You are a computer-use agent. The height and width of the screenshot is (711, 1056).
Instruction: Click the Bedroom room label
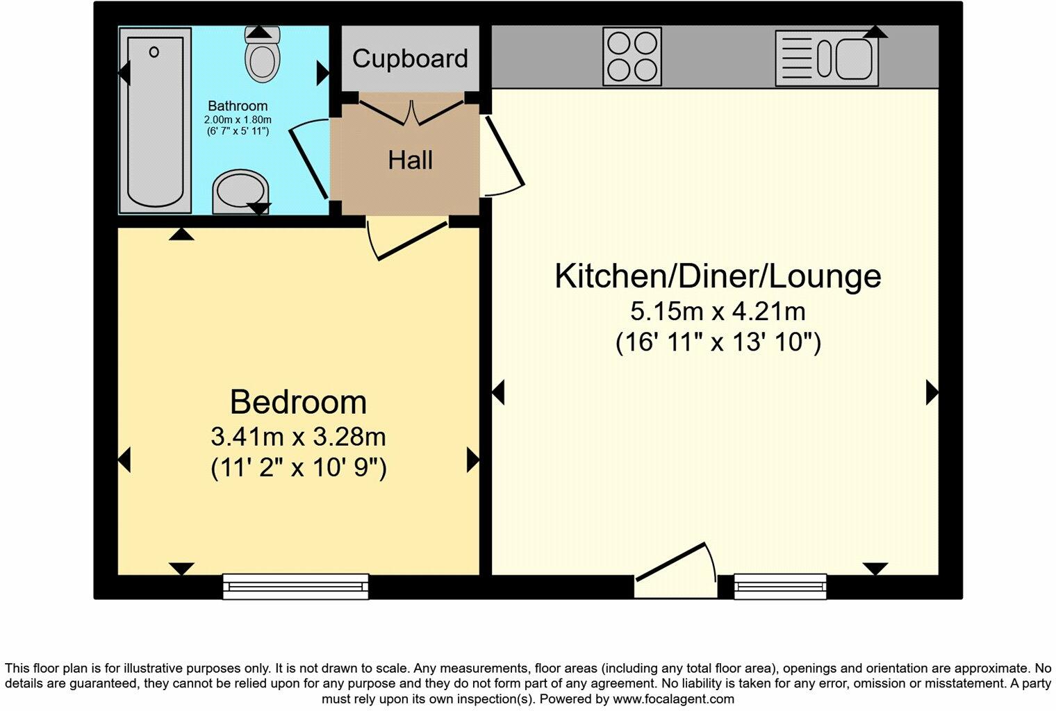coord(298,402)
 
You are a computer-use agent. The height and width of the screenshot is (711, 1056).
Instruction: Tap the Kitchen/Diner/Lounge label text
coord(718,276)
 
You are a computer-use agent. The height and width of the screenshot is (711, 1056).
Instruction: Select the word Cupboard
coord(410,58)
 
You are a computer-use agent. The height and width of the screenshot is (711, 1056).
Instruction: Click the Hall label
coord(410,160)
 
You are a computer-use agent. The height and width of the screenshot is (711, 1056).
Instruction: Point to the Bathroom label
coord(238,106)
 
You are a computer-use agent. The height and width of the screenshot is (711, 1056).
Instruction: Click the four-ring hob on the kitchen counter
coord(632,56)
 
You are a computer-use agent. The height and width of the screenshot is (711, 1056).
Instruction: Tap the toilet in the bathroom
coord(262,54)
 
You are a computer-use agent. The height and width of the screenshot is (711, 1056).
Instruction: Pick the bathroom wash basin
coord(240,192)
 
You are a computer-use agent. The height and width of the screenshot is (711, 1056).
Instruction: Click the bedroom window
coord(295,587)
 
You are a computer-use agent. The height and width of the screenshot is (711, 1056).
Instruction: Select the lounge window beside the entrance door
coord(781,587)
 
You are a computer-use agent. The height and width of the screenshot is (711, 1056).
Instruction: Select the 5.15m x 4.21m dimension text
coord(718,311)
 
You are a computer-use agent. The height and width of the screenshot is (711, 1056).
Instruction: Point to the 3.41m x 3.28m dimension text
coord(298,437)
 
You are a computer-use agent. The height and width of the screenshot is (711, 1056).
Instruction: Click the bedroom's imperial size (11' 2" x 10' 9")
coord(298,468)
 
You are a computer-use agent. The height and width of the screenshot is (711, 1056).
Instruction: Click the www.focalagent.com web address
coord(673,699)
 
